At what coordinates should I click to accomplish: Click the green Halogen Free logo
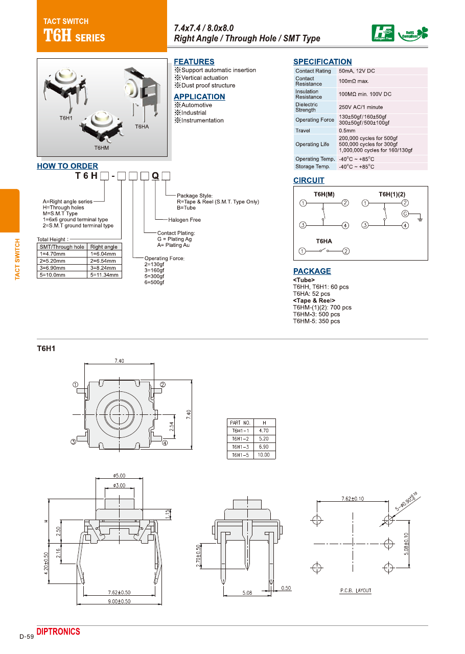coord(383,33)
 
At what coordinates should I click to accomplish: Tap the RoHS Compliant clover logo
coord(414,34)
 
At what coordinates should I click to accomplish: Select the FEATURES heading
coord(194,61)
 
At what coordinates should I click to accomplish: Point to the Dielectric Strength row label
coord(306,107)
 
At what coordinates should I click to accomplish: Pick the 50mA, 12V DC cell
coord(356,71)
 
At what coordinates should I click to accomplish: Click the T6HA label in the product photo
coord(142,126)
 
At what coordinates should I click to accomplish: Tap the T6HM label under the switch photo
coord(102,148)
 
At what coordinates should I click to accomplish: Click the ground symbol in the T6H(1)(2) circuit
coord(420,218)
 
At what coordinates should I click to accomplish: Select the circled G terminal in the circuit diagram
coord(405,213)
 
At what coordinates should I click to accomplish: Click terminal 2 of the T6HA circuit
coord(346,251)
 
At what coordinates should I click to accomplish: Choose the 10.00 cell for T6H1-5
coord(264,455)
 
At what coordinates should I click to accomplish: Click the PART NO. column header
coord(240,423)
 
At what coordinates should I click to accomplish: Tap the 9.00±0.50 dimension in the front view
coord(119,601)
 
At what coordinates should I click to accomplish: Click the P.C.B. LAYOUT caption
coord(356,591)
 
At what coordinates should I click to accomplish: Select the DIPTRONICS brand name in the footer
coord(58,632)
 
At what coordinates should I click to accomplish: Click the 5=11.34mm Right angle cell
coord(105,275)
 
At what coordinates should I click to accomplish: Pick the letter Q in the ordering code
coord(155,176)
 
